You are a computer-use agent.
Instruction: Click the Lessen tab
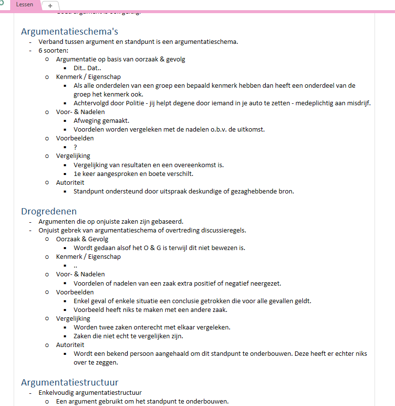(x=24, y=4)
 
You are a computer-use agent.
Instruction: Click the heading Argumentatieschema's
(x=70, y=32)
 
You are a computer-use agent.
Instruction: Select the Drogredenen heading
(x=49, y=211)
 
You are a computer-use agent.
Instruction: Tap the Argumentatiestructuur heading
(x=70, y=382)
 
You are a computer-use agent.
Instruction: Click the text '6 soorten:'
(x=54, y=50)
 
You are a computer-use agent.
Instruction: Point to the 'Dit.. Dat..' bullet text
(x=87, y=68)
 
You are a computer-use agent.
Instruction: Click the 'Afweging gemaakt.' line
(x=101, y=120)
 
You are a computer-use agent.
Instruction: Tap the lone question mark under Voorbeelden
(x=76, y=147)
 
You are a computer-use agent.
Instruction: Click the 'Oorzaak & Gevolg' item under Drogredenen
(x=82, y=239)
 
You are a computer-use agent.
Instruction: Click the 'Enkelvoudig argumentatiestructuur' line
(x=90, y=392)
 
